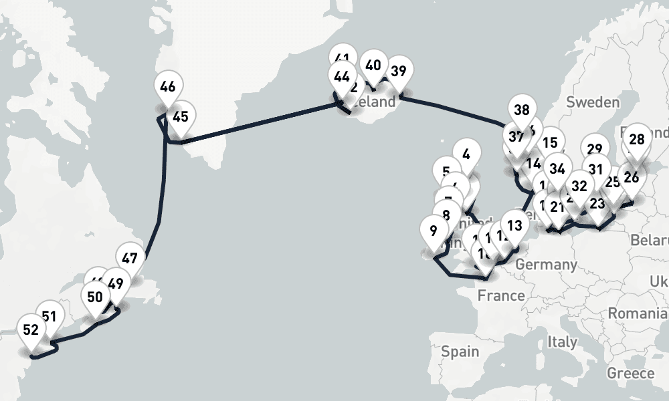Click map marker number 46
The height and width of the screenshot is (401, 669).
[x=168, y=87]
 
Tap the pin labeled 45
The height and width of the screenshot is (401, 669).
[x=180, y=116]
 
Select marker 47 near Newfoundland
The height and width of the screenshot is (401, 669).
[x=130, y=259]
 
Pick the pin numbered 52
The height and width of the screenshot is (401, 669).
[x=30, y=329]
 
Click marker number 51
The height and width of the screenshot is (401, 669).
[x=49, y=316]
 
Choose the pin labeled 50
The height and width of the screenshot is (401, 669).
[x=94, y=297]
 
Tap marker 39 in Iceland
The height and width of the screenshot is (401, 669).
[x=398, y=72]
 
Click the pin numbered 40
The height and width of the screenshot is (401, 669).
[x=373, y=65]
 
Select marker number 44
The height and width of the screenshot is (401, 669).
[x=341, y=77]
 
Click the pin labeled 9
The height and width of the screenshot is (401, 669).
[x=434, y=231]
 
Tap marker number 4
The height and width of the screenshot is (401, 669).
[x=466, y=154]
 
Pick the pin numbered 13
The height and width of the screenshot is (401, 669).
[x=514, y=225]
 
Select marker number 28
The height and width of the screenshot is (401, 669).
[x=637, y=139]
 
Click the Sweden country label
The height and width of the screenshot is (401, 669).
[x=593, y=102]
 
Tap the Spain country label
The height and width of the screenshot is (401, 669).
[x=460, y=351]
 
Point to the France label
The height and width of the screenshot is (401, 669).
[x=500, y=295]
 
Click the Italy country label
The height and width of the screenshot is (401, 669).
[x=562, y=342]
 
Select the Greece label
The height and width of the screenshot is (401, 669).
[x=630, y=372]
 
